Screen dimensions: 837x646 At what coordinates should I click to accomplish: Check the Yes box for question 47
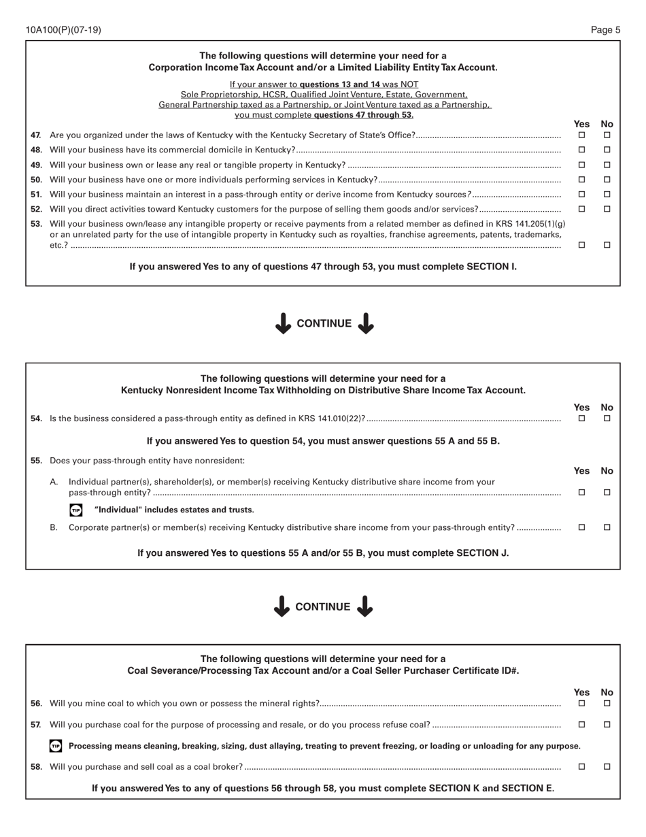(581, 135)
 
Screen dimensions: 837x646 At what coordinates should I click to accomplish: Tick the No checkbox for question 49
(607, 165)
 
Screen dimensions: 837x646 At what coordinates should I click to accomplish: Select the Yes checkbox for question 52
(581, 209)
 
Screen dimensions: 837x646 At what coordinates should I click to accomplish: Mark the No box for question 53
(607, 245)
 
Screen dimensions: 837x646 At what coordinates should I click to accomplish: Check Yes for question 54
(581, 419)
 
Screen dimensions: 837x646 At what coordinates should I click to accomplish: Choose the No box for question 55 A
(607, 492)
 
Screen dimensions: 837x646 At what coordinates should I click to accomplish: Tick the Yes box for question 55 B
(581, 527)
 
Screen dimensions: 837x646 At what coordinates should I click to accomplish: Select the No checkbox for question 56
(607, 703)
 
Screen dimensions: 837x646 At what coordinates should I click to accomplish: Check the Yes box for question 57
(581, 725)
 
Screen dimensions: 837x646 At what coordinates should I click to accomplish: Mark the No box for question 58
(607, 766)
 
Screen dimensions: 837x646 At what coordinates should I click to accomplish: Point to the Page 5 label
(605, 30)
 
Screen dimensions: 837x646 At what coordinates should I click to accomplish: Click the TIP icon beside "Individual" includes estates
(75, 510)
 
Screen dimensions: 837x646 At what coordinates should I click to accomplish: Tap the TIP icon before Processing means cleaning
(56, 746)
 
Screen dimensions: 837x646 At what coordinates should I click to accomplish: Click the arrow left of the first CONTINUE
(284, 323)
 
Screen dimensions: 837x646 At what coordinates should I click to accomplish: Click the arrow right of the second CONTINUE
(365, 606)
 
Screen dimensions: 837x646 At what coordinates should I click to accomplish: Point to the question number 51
(37, 195)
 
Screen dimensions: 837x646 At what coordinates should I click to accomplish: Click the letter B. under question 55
(54, 527)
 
